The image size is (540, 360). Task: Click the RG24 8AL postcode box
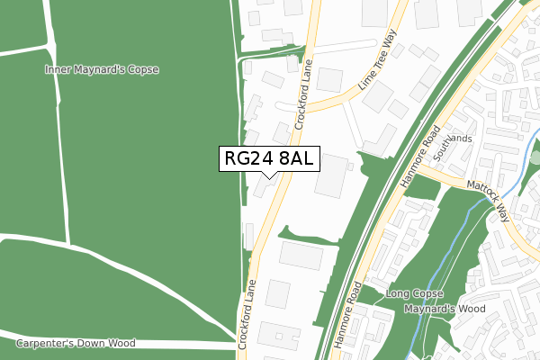click(x=269, y=159)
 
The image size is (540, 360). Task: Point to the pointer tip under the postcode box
click(x=269, y=177)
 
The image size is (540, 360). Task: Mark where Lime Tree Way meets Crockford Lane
click(x=310, y=107)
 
